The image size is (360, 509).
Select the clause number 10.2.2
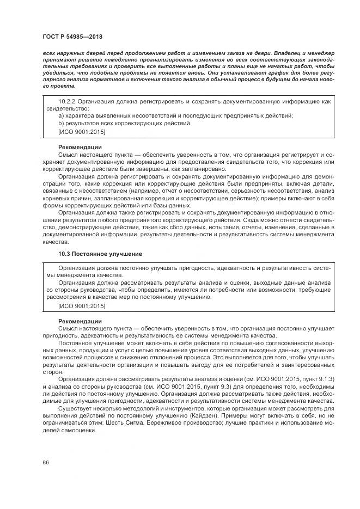[x=68, y=101]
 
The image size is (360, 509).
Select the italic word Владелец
[x=290, y=54]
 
